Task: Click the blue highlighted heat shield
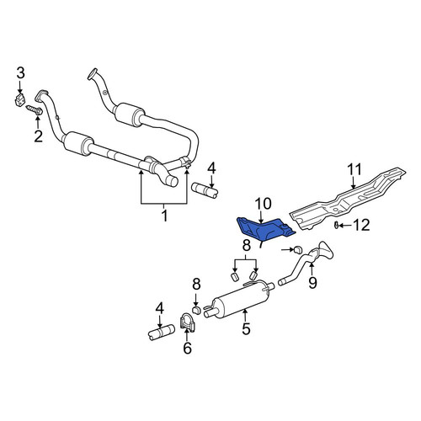pos(264,230)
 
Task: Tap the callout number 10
pos(263,204)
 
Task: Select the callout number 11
pos(354,170)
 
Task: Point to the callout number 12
pos(361,225)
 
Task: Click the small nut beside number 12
pos(336,225)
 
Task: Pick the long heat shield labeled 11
pos(348,200)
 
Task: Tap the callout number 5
pos(246,328)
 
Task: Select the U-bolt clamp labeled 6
pos(187,322)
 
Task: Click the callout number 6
pos(187,349)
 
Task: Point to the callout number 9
pos(312,282)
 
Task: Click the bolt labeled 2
pos(35,109)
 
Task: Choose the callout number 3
pos(20,73)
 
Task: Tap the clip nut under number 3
pos(19,100)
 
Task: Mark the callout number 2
pos(38,136)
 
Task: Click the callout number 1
pos(164,216)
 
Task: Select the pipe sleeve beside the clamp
pos(162,332)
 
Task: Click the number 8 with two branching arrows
pos(246,246)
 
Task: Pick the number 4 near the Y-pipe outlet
pos(211,168)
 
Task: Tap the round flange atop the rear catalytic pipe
pos(93,73)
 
